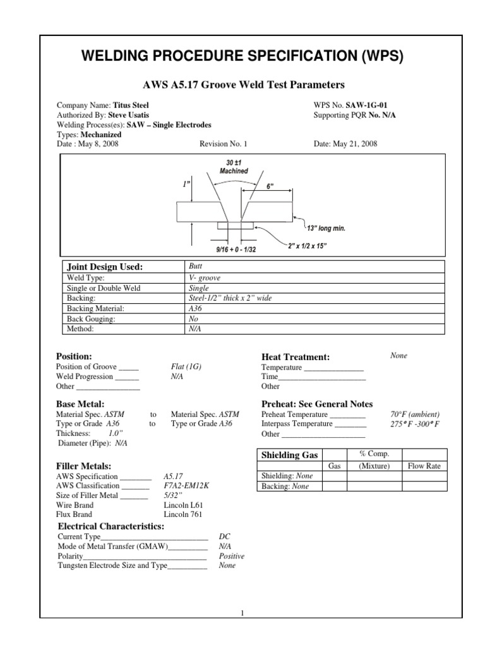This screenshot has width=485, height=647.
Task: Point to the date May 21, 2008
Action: pyautogui.click(x=345, y=143)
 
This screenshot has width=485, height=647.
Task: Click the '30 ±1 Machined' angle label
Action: pyautogui.click(x=234, y=167)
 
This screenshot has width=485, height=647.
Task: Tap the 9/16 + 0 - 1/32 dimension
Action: pyautogui.click(x=234, y=250)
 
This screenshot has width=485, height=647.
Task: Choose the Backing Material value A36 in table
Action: pyautogui.click(x=195, y=308)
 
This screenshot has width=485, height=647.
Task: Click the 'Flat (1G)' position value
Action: pyautogui.click(x=187, y=366)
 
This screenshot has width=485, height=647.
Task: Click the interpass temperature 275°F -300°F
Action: pyautogui.click(x=415, y=424)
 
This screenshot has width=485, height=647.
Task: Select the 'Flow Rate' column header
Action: pyautogui.click(x=424, y=466)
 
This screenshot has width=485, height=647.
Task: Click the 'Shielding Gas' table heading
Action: pyautogui.click(x=290, y=456)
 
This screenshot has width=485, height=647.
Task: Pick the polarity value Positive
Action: pyautogui.click(x=232, y=556)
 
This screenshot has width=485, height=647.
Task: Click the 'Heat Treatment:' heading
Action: pyautogui.click(x=296, y=357)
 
